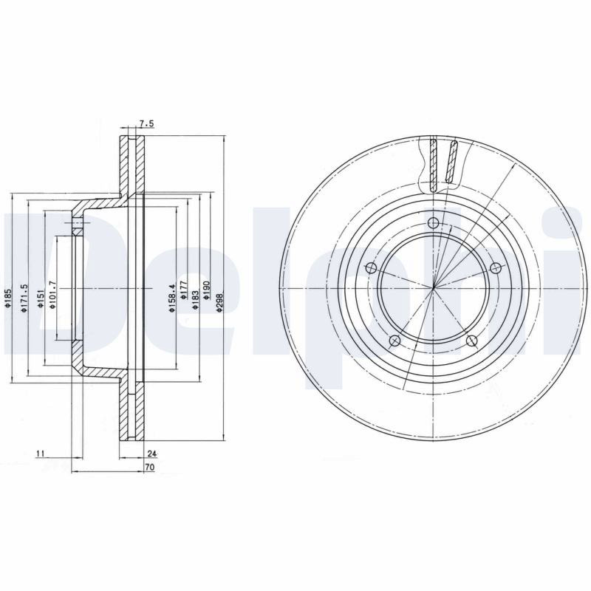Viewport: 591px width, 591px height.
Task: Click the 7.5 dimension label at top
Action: point(146,123)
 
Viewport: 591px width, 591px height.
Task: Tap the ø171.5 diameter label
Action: point(24,298)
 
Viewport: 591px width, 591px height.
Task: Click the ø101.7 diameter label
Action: point(52,295)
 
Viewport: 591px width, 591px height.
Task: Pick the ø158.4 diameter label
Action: point(172,298)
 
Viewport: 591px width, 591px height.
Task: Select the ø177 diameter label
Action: point(183,290)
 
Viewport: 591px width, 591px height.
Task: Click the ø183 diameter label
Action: point(195,300)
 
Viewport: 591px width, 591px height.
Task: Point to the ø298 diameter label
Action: point(219,301)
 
